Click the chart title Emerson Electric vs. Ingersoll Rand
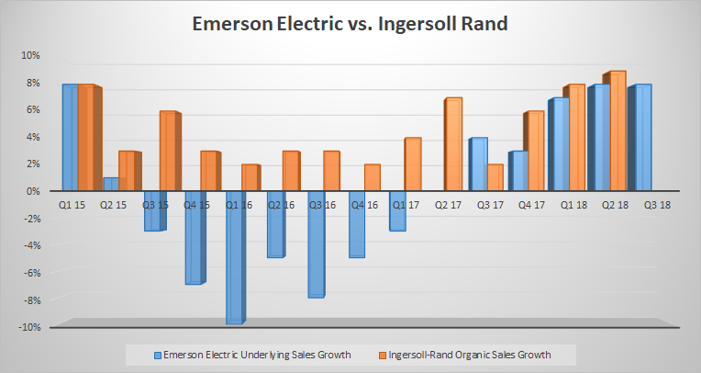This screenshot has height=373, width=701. tap(350, 24)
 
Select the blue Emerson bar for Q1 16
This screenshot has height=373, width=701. tap(235, 256)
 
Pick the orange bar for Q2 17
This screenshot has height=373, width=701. tap(451, 143)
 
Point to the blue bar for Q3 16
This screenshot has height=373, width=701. tap(316, 243)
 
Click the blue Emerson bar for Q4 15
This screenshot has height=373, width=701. tap(193, 237)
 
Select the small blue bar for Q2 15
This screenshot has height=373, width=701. tap(109, 184)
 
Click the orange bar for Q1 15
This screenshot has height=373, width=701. tap(88, 137)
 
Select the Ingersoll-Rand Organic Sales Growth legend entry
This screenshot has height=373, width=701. tap(469, 354)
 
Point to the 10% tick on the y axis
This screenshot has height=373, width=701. tap(32, 55)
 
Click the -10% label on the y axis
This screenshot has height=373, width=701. tap(30, 327)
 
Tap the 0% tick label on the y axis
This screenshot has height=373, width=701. tap(34, 191)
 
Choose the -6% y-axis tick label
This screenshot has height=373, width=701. tap(32, 273)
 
